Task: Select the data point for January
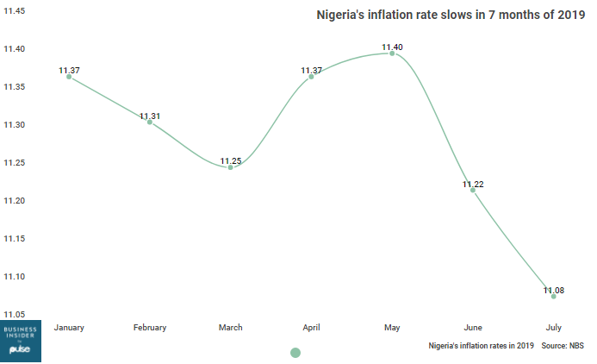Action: pyautogui.click(x=69, y=78)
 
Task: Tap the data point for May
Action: pyautogui.click(x=392, y=53)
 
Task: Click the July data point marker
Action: pyautogui.click(x=553, y=296)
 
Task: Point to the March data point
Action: pyautogui.click(x=230, y=166)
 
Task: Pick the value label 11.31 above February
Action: pyautogui.click(x=150, y=116)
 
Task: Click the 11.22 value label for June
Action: pyautogui.click(x=473, y=185)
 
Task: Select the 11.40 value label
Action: pyautogui.click(x=393, y=47)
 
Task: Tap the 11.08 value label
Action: pyautogui.click(x=554, y=291)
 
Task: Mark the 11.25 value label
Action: pyautogui.click(x=231, y=160)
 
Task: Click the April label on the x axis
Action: pyautogui.click(x=311, y=328)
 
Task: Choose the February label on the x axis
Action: pyautogui.click(x=150, y=328)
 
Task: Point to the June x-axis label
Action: pyautogui.click(x=473, y=328)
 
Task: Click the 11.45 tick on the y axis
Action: pyautogui.click(x=16, y=11)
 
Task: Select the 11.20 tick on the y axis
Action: pyautogui.click(x=16, y=201)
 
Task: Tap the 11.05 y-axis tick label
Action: pyautogui.click(x=16, y=315)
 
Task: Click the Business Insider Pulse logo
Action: pyautogui.click(x=20, y=342)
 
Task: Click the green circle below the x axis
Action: pyautogui.click(x=295, y=352)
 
